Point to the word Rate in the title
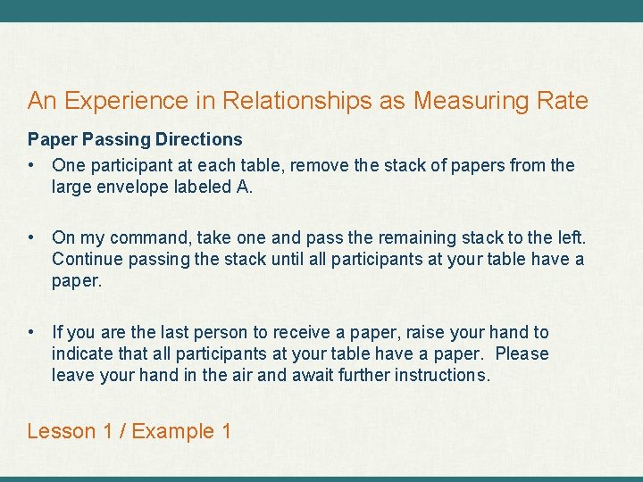coord(564,102)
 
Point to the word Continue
coord(88,259)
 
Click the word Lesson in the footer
coord(61,431)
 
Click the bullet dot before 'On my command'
coord(32,237)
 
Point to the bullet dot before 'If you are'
coord(32,332)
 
